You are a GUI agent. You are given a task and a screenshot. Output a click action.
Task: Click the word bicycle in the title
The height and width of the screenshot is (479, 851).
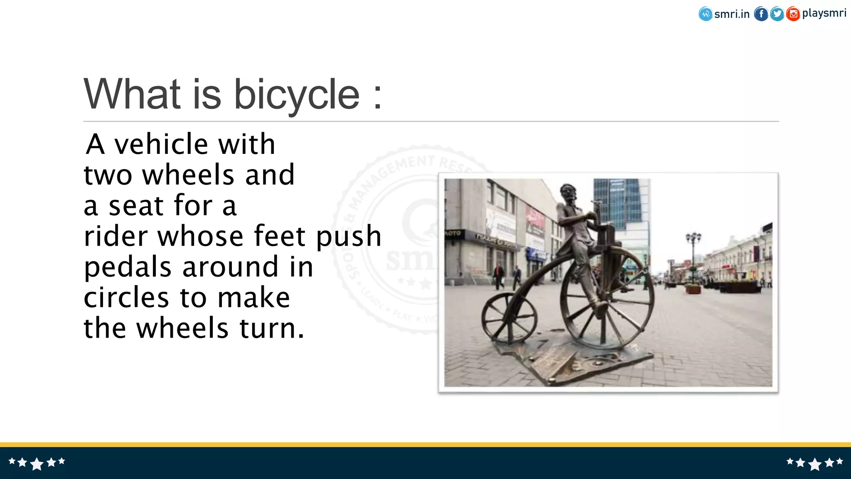[x=297, y=95]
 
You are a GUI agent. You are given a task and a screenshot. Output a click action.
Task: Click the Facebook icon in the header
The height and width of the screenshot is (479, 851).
[x=761, y=14]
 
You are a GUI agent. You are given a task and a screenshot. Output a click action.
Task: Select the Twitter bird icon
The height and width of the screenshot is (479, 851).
[x=777, y=14]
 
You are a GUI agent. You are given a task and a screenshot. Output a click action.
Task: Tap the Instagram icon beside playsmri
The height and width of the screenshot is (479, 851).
[x=793, y=14]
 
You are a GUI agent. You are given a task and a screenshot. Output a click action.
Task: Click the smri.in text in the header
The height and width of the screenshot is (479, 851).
[x=732, y=14]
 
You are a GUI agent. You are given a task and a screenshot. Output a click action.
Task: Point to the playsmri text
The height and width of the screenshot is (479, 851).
[x=824, y=13]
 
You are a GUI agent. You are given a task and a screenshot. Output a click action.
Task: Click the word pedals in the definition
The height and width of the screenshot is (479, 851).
[x=128, y=267]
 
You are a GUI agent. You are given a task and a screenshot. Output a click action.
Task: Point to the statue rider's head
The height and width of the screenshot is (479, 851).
[x=568, y=193]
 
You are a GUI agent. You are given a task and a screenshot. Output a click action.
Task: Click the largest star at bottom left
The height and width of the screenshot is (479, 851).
[x=37, y=464]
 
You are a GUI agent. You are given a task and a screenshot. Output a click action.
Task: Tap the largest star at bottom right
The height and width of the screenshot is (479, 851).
[x=815, y=464]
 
